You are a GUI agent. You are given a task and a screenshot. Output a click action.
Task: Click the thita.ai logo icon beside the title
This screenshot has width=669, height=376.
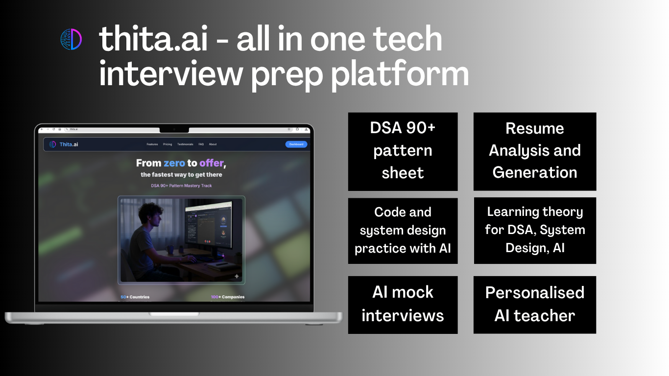[71, 39]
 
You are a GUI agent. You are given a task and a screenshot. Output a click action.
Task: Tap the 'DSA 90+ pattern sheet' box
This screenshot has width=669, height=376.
[403, 151]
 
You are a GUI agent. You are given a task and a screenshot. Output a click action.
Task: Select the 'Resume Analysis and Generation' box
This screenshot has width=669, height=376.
[534, 151]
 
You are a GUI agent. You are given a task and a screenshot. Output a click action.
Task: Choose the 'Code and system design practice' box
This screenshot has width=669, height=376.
[403, 231]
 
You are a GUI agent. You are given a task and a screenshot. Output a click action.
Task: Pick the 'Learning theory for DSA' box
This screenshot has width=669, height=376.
[534, 230]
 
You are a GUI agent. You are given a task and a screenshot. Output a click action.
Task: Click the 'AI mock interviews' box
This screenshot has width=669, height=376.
[403, 305]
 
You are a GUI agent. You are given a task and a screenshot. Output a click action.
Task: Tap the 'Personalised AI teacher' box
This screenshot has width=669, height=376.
[534, 305]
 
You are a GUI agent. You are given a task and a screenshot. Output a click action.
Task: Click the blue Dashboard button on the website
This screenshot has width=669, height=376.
[296, 144]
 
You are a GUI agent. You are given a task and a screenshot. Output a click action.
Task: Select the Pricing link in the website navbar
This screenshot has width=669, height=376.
[167, 144]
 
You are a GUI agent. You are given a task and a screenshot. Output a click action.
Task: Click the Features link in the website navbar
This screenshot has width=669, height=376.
[152, 144]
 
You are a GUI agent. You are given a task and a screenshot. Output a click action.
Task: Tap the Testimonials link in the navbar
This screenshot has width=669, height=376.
[185, 144]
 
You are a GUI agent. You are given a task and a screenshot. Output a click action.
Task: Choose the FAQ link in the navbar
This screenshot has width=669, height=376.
[201, 144]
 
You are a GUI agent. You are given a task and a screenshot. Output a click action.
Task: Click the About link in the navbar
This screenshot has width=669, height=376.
[213, 144]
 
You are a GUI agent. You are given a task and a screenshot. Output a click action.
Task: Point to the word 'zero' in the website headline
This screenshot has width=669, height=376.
[174, 163]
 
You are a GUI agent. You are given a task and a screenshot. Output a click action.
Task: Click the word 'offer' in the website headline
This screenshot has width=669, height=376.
[212, 163]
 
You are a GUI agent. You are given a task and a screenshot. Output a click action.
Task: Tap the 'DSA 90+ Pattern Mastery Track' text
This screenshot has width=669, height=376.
[181, 186]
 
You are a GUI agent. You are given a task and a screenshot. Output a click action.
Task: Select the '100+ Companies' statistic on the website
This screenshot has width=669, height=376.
[227, 297]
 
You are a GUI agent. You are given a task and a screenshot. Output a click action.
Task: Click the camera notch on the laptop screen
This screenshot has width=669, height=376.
[174, 129]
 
